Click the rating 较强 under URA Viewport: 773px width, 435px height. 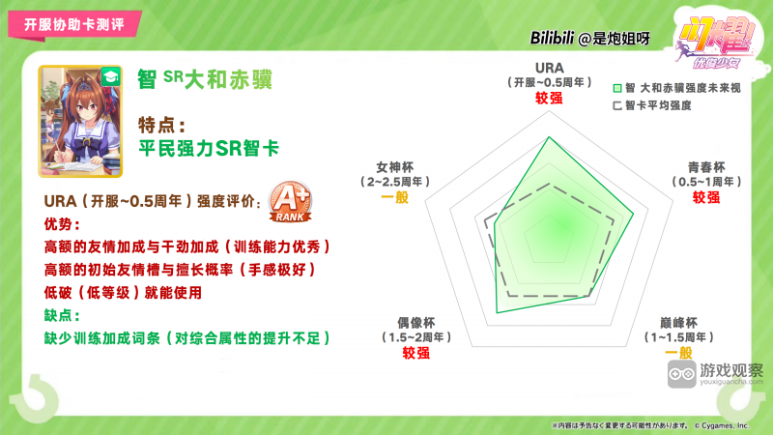[549, 99]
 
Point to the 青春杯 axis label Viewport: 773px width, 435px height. [706, 166]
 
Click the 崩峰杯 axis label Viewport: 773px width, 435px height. [679, 323]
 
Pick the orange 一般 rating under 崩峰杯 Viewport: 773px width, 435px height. [679, 353]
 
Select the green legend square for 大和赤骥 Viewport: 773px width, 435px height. [616, 88]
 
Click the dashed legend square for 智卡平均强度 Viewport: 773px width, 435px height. [616, 104]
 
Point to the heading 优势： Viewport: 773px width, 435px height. [60, 224]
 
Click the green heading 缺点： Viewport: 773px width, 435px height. [60, 315]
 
